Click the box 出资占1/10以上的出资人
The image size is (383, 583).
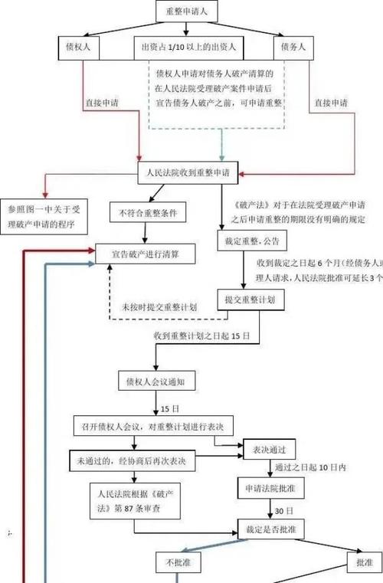188,47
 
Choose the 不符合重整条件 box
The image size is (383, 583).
148,212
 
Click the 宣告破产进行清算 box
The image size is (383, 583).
146,252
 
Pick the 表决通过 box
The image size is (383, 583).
268,447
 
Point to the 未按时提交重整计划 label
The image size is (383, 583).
159,306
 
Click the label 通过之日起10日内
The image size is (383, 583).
310,467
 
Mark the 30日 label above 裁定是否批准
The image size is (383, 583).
284,510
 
